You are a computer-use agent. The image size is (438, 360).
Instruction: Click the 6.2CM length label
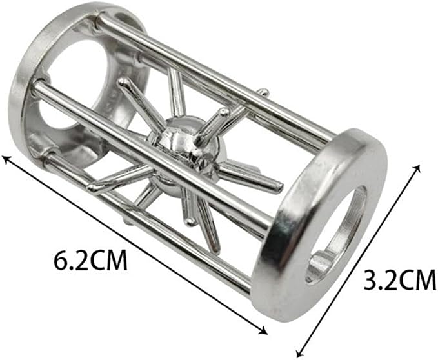click(x=90, y=260)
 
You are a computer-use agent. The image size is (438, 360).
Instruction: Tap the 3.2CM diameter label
click(x=400, y=279)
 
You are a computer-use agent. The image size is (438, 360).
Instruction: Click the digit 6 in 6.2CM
click(x=60, y=260)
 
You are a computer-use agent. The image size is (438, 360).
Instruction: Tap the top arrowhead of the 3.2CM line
click(x=417, y=168)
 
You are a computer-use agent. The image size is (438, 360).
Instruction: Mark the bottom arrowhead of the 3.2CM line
click(x=299, y=354)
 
